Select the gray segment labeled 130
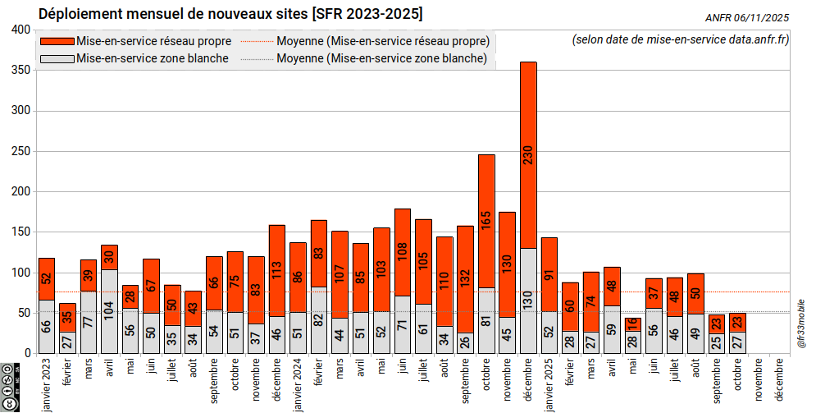[x=529, y=301]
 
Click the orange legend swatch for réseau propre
[x=57, y=41]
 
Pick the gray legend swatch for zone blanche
[x=57, y=58]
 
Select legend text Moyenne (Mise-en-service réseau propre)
[x=383, y=41]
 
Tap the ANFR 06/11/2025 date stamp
[x=746, y=17]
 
